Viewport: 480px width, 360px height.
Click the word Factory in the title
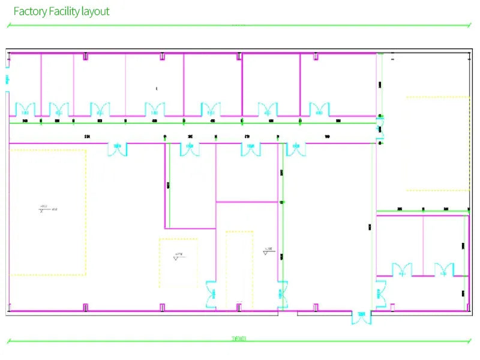pos(30,11)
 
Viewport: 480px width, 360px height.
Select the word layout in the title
pos(95,11)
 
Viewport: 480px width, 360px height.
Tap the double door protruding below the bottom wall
pos(361,317)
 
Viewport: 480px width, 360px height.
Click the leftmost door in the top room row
pos(25,109)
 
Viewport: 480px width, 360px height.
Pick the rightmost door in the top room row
pos(319,109)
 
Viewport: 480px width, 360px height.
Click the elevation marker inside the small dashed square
pos(178,256)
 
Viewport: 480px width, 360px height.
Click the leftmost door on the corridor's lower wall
pos(117,149)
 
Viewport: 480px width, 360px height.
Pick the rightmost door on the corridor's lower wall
pos(295,149)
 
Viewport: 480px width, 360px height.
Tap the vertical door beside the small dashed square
pos(212,294)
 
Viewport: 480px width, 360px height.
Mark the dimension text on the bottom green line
pos(238,339)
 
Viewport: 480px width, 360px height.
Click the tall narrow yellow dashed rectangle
pos(239,267)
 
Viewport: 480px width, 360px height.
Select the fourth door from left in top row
pos(154,109)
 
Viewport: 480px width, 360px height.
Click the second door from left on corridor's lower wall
pos(190,149)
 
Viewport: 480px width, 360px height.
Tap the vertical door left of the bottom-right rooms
pos(380,294)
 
